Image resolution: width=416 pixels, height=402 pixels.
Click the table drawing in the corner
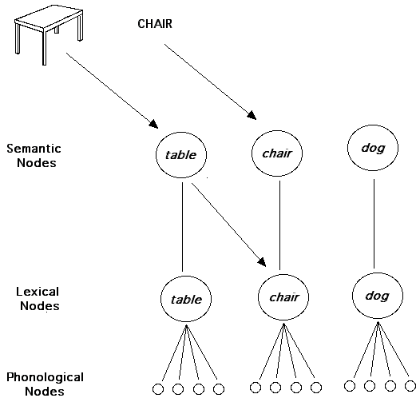click(49, 34)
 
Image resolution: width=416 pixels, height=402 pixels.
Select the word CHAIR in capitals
click(155, 24)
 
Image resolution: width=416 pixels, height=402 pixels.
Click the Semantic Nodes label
click(34, 156)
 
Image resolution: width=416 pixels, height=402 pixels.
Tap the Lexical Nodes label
click(38, 299)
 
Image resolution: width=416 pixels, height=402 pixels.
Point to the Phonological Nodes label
click(45, 384)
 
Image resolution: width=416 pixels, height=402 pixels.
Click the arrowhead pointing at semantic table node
click(153, 124)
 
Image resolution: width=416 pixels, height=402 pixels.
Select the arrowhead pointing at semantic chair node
click(252, 116)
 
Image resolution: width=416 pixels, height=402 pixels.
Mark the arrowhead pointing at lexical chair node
click(262, 262)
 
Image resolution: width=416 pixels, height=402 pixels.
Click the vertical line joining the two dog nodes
click(374, 224)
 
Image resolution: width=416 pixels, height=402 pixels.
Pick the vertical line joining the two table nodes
click(182, 227)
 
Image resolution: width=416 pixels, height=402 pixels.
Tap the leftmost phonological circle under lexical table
click(158, 389)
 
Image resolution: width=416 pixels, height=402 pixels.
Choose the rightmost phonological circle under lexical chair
click(316, 388)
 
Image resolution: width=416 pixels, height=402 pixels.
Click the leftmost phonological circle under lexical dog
click(350, 386)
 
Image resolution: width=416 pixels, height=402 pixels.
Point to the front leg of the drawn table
click(45, 47)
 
